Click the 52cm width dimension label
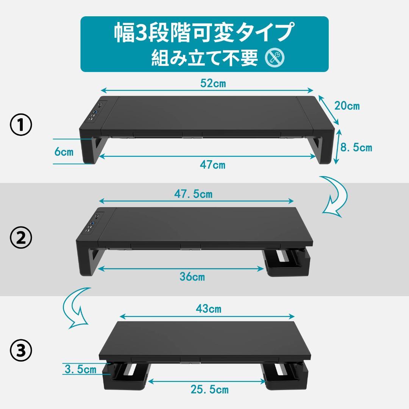[x=213, y=83]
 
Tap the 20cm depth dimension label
[x=347, y=106]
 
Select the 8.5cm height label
[x=356, y=147]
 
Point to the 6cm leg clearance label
[x=64, y=152]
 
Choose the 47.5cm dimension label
[x=193, y=194]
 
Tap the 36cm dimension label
[x=192, y=277]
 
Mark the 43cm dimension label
[x=208, y=309]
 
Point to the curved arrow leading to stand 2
[x=335, y=196]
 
